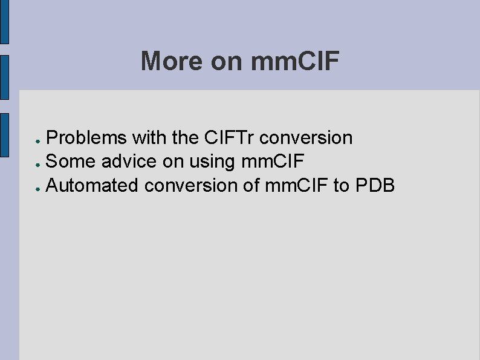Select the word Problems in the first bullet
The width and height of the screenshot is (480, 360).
coord(86,138)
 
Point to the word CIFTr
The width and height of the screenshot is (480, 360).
coord(229,138)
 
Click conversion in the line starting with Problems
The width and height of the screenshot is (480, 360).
coord(306,138)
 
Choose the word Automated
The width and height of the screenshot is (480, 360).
coord(92,185)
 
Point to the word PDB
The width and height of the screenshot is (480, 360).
coord(375,185)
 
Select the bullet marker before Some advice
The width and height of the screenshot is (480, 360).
coord(37,163)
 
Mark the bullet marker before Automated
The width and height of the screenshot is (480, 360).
coord(37,187)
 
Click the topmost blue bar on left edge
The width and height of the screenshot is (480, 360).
coord(4,22)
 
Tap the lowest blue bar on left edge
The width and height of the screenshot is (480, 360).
coord(4,135)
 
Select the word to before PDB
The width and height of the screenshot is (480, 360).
coord(340,185)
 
